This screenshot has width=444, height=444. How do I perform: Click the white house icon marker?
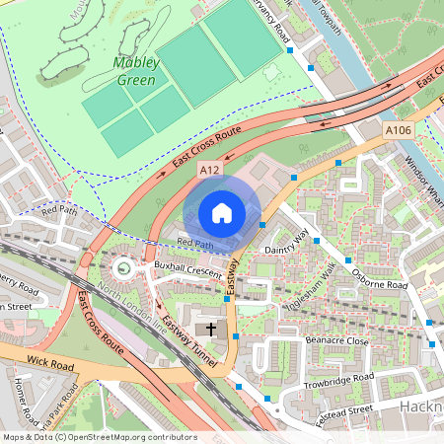(x=222, y=213)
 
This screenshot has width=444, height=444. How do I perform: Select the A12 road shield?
(x=209, y=171)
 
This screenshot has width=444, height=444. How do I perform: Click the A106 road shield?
(x=398, y=130)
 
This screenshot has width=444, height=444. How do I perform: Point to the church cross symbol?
(x=209, y=328)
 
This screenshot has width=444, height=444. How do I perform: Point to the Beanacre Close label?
(x=336, y=341)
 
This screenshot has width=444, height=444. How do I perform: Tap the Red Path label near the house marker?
(x=194, y=244)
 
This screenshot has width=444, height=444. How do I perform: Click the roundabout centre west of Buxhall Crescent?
(x=123, y=266)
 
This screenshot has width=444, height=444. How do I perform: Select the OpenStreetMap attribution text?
(x=99, y=437)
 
